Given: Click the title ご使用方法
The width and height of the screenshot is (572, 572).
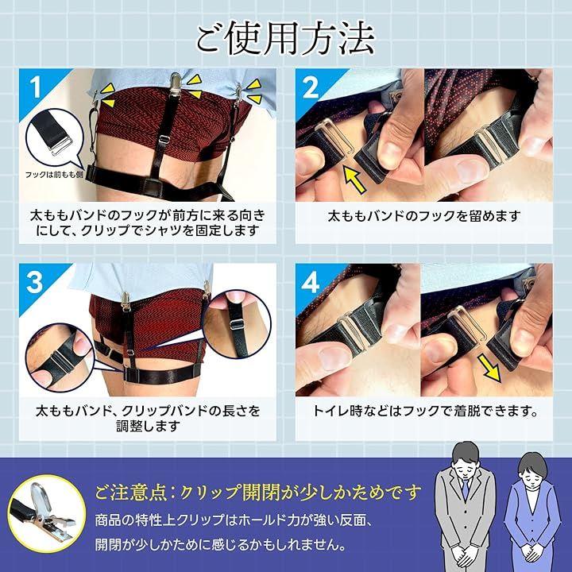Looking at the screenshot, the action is tap(286, 40).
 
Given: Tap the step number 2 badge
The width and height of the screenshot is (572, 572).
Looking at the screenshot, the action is tap(311, 88).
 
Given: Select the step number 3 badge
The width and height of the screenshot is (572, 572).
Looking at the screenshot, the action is tap(35, 282).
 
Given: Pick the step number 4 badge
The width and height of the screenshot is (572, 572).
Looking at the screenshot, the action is tap(311, 282).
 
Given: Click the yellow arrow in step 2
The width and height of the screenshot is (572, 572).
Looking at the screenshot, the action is tap(355, 180).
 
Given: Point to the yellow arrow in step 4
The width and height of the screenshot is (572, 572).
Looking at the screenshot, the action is tap(489, 369).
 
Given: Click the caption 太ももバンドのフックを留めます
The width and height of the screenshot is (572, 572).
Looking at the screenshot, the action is tap(424, 216).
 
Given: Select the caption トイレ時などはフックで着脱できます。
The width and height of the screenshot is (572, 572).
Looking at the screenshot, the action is tap(425, 412).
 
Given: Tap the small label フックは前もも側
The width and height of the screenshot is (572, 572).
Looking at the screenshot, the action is tap(54, 175).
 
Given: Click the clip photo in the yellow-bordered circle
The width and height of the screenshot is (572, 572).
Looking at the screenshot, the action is tap(47, 513).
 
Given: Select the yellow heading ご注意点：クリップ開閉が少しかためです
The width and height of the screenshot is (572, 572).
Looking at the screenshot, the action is tap(258, 493).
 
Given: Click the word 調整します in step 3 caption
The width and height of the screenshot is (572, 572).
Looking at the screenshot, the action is tap(148, 426).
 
